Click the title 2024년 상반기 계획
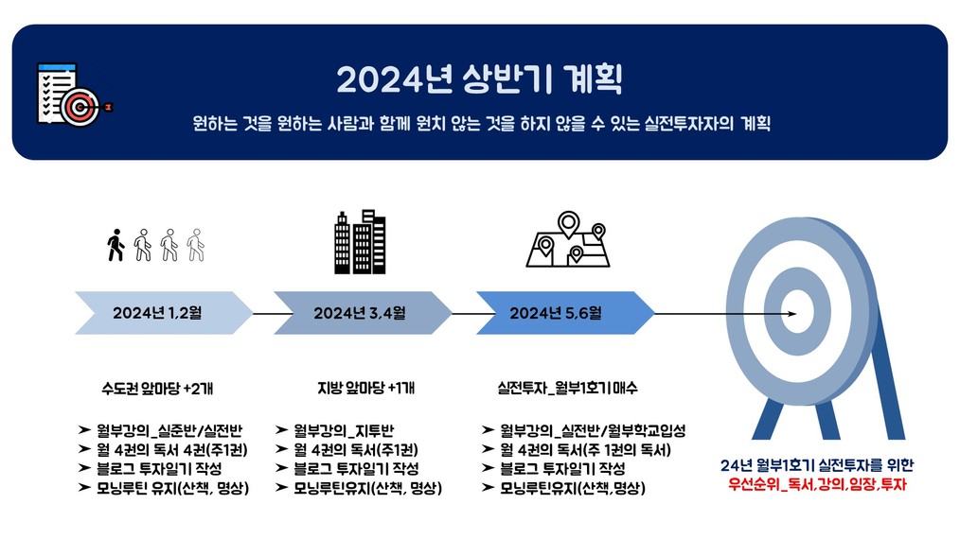click(479, 79)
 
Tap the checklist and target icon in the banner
click(75, 95)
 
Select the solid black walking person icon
click(116, 245)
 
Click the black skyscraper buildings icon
click(360, 242)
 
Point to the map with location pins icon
click(568, 239)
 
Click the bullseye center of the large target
click(798, 313)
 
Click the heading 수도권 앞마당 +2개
click(157, 389)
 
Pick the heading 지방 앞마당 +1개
click(365, 388)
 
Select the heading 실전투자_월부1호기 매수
click(567, 388)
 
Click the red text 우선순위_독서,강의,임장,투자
click(817, 485)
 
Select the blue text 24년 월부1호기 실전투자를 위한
click(817, 465)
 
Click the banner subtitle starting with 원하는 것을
click(481, 124)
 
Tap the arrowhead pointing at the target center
click(792, 314)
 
